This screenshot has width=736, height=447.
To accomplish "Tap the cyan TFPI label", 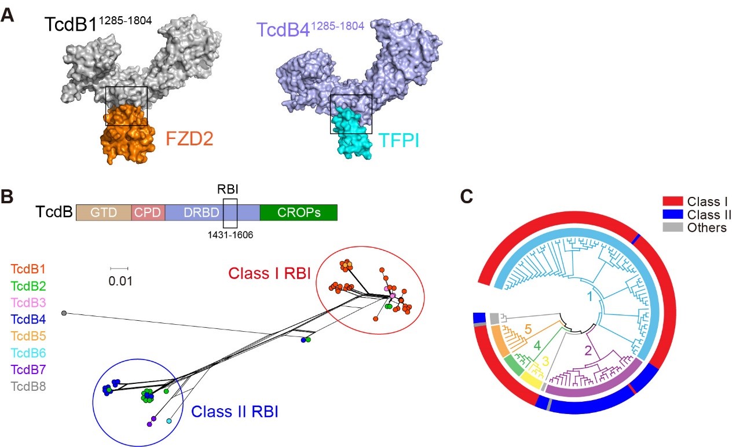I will point(400,140).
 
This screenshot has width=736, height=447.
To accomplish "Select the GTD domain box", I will point(104,212).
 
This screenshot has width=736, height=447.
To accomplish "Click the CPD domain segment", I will point(148,212).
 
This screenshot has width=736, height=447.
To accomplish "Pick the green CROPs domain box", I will point(298,212).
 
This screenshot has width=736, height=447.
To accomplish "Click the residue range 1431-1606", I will point(230,235).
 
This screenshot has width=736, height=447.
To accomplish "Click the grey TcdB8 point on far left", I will point(64,313).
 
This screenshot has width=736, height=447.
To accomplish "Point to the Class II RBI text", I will point(235,412).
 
